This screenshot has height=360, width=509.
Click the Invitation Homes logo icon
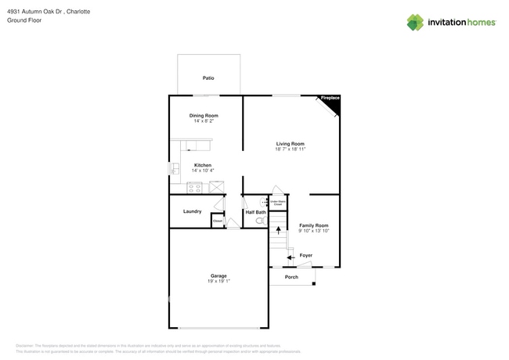pyautogui.click(x=414, y=22)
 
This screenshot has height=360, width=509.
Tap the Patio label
pyautogui.click(x=208, y=78)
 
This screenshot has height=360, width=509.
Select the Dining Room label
pyautogui.click(x=204, y=115)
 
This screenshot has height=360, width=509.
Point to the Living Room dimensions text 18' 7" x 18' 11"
pyautogui.click(x=290, y=149)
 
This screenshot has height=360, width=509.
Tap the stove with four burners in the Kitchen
pyautogui.click(x=194, y=188)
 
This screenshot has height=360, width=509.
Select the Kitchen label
pyautogui.click(x=203, y=165)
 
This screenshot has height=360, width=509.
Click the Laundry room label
pyautogui.click(x=192, y=211)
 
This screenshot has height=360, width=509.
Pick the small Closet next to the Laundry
pyautogui.click(x=218, y=221)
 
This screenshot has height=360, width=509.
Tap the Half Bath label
pyautogui.click(x=255, y=212)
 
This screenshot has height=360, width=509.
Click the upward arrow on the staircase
pyautogui.click(x=277, y=231)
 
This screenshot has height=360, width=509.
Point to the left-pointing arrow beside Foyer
pyautogui.click(x=289, y=257)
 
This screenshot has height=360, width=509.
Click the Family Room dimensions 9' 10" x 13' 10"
pyautogui.click(x=313, y=231)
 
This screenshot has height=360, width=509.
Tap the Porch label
pyautogui.click(x=291, y=277)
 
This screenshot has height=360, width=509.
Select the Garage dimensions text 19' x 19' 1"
pyautogui.click(x=218, y=281)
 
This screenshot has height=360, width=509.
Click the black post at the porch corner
pyautogui.click(x=315, y=285)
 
